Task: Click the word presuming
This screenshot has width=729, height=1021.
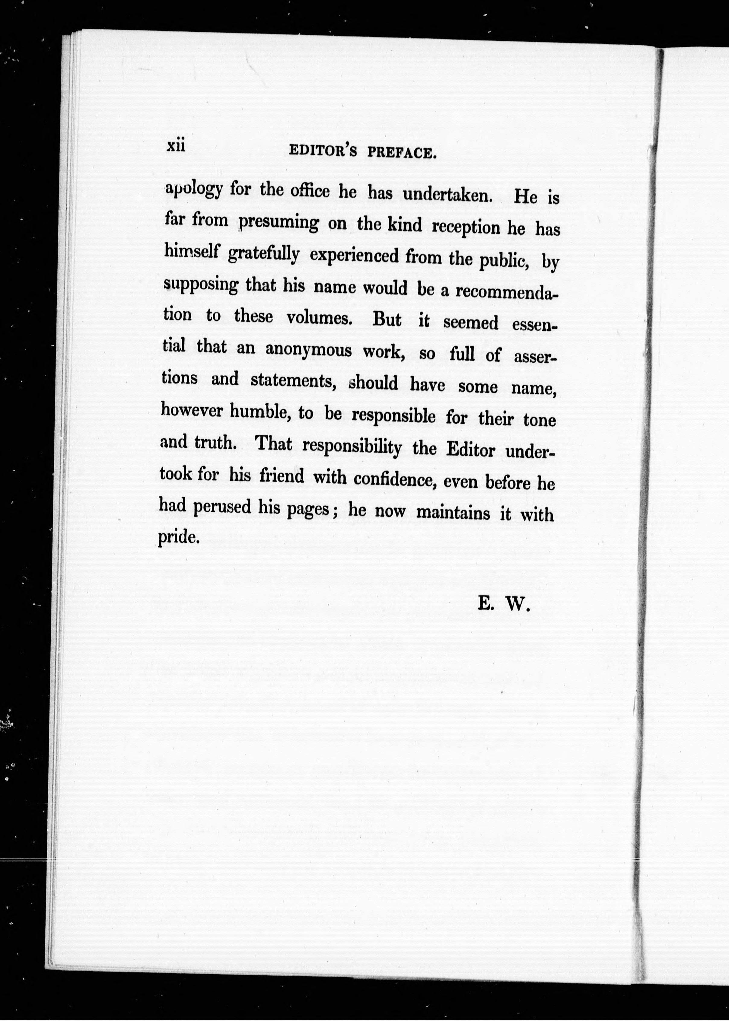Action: (278, 223)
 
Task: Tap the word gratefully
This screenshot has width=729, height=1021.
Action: (263, 254)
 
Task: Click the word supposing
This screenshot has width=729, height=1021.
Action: (201, 285)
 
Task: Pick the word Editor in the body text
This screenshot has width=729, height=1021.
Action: (470, 450)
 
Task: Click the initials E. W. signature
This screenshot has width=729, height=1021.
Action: (504, 605)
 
